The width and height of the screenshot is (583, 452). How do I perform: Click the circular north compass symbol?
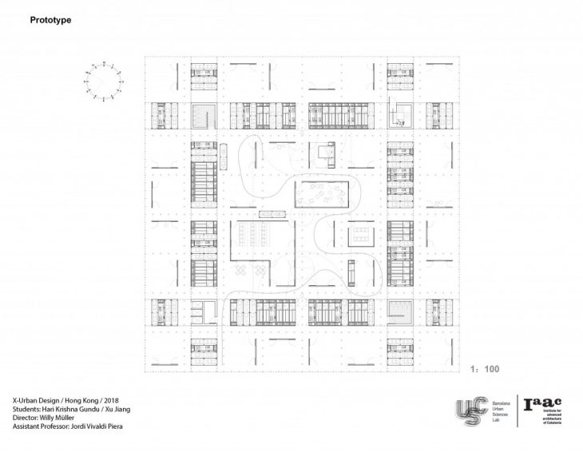coord(101,81)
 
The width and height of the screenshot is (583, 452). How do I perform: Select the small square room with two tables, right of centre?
coord(362,235)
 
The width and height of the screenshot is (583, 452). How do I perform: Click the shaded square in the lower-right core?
coord(400,312)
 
